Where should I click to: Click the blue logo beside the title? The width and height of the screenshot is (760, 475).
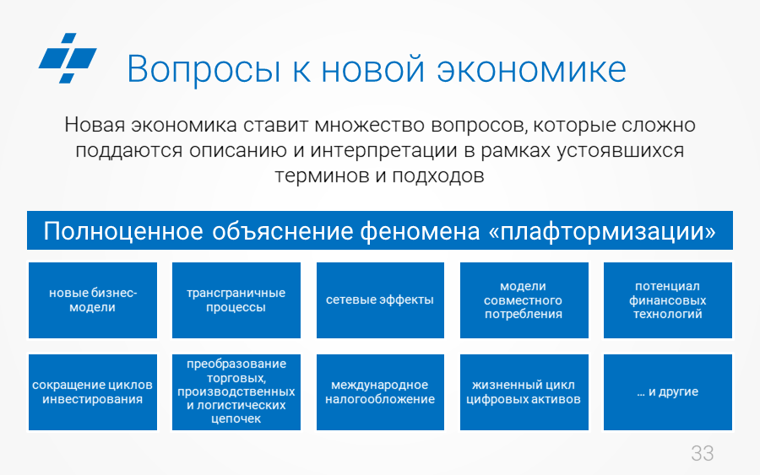pyautogui.click(x=68, y=58)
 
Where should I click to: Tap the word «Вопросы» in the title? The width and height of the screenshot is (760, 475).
pyautogui.click(x=204, y=69)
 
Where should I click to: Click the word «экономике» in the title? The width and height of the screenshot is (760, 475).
pyautogui.click(x=532, y=69)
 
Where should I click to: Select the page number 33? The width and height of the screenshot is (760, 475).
pyautogui.click(x=703, y=453)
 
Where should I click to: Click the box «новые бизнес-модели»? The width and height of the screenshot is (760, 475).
pyautogui.click(x=93, y=300)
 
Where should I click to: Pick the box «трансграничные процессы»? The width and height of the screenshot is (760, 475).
pyautogui.click(x=236, y=300)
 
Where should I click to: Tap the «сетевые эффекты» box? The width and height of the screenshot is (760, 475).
pyautogui.click(x=380, y=300)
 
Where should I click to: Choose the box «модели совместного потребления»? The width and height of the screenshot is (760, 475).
pyautogui.click(x=524, y=300)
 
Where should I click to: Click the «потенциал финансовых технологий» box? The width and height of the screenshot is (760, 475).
pyautogui.click(x=667, y=300)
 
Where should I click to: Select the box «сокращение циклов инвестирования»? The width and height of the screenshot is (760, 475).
pyautogui.click(x=93, y=392)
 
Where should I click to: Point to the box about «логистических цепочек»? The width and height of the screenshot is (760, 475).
pyautogui.click(x=236, y=392)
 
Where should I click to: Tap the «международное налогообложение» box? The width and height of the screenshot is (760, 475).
pyautogui.click(x=380, y=392)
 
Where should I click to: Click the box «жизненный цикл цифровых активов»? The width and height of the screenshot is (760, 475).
pyautogui.click(x=524, y=392)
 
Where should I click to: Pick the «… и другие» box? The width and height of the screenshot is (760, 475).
pyautogui.click(x=667, y=392)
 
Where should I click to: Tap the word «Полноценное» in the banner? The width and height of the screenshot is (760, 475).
pyautogui.click(x=123, y=231)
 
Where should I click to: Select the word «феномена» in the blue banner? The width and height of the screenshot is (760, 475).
pyautogui.click(x=420, y=231)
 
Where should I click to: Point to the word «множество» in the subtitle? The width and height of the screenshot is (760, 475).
pyautogui.click(x=369, y=125)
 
